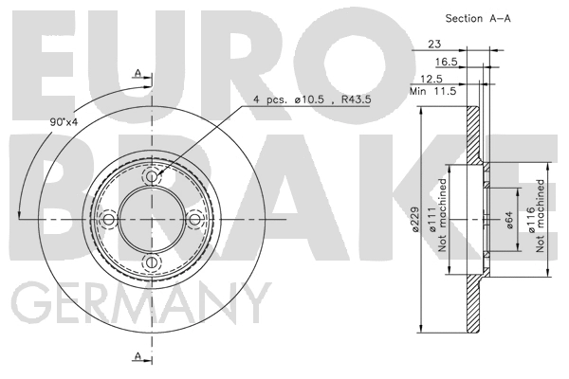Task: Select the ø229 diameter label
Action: coord(413,219)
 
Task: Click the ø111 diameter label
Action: coord(431,219)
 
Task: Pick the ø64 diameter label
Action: coord(509,221)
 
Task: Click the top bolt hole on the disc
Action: coord(152,177)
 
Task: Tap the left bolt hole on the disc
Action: coord(109,220)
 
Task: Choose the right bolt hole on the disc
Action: coord(195,220)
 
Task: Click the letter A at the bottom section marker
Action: coord(138,354)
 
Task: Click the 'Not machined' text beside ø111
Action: coord(443,219)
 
